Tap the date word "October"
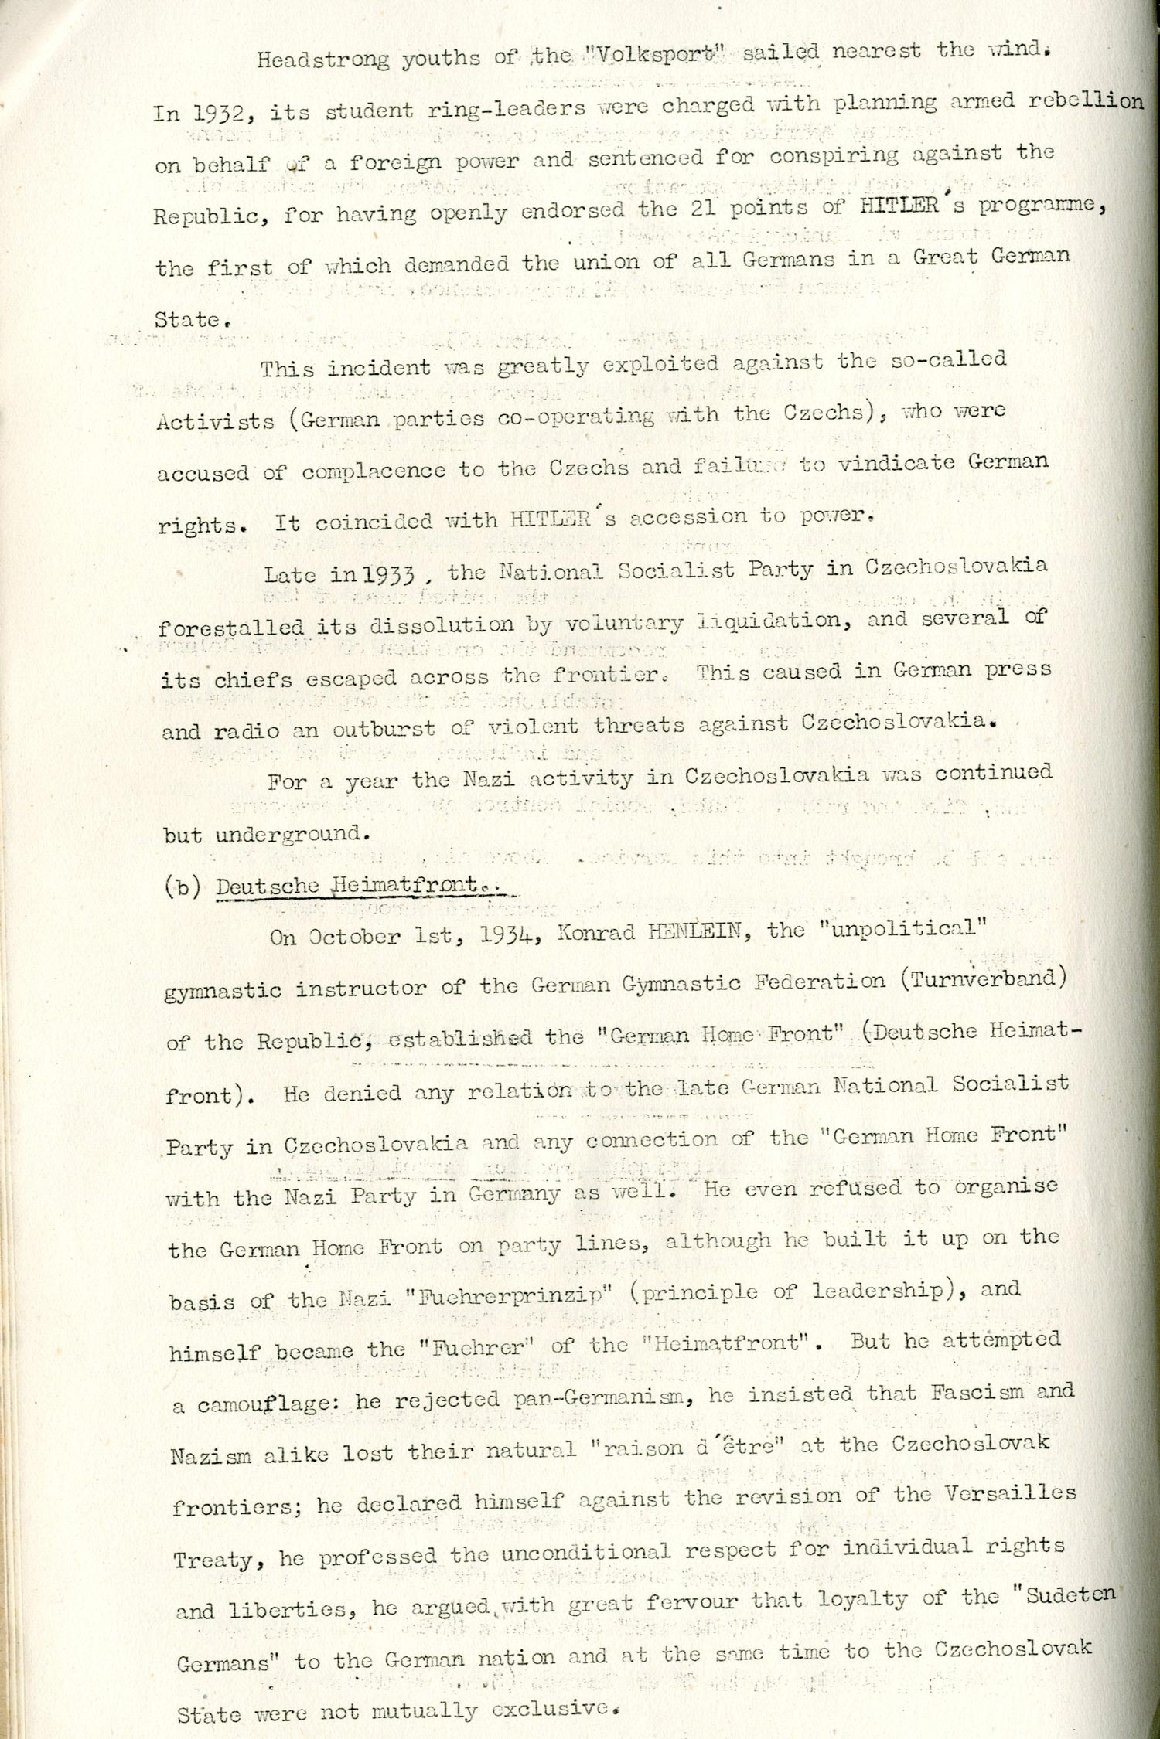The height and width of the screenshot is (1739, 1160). [351, 938]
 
